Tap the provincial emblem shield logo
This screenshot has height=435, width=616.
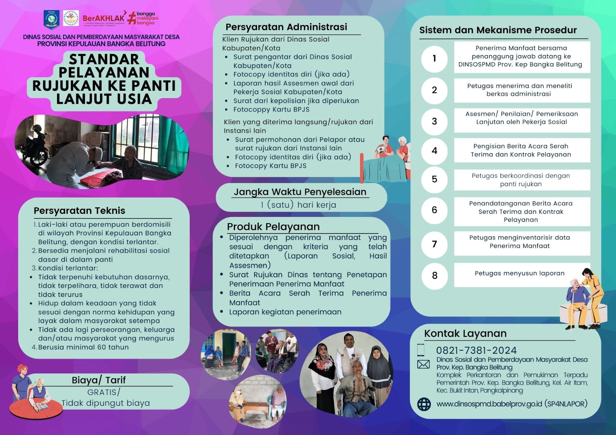pyautogui.click(x=52, y=19)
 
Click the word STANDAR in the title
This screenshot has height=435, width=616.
pyautogui.click(x=104, y=59)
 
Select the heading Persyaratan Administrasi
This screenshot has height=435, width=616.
pyautogui.click(x=286, y=27)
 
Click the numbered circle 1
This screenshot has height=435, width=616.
pyautogui.click(x=434, y=58)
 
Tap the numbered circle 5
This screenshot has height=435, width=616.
pyautogui.click(x=434, y=179)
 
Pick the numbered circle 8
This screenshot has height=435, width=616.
pyautogui.click(x=434, y=275)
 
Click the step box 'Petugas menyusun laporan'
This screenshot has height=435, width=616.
pyautogui.click(x=522, y=274)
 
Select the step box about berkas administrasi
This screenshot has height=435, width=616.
pyautogui.click(x=522, y=90)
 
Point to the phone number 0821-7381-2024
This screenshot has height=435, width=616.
pyautogui.click(x=476, y=350)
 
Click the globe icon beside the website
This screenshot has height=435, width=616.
pyautogui.click(x=424, y=404)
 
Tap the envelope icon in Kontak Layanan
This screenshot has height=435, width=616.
pyautogui.click(x=423, y=364)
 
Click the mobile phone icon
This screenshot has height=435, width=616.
pyautogui.click(x=421, y=350)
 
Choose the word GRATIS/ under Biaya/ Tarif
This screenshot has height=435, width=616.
pyautogui.click(x=104, y=392)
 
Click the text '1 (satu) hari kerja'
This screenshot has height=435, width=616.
pyautogui.click(x=298, y=205)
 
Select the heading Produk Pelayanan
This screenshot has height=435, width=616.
pyautogui.click(x=273, y=227)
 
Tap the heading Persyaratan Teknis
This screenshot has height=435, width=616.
pyautogui.click(x=79, y=211)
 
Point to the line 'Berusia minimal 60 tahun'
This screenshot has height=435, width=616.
pyautogui.click(x=83, y=347)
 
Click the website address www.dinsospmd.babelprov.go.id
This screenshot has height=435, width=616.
pyautogui.click(x=489, y=404)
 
